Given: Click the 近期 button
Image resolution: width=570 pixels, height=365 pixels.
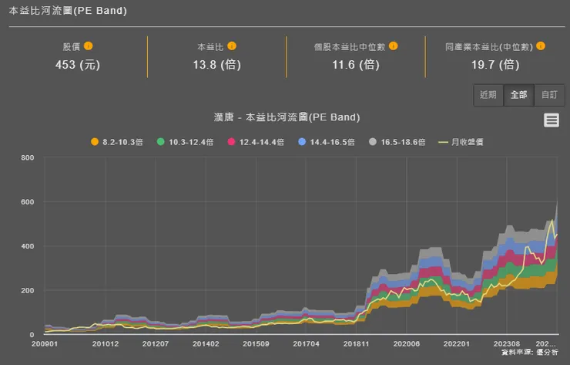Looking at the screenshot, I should pos(488,95).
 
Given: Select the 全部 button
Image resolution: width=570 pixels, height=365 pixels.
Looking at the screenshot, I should pos(518,95).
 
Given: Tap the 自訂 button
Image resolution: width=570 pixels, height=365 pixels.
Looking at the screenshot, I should pos(549,95).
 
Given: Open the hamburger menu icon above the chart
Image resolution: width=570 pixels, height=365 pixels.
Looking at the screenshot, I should pos(551,120).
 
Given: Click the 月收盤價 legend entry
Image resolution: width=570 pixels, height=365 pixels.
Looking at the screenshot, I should pos(466,142).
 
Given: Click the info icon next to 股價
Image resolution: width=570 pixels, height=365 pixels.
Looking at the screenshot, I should pos(89,46).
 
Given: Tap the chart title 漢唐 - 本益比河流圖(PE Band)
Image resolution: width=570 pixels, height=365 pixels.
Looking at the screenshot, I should pos(287,118).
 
